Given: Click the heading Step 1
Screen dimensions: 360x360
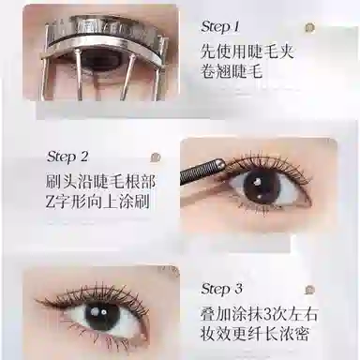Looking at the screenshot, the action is [x=220, y=26].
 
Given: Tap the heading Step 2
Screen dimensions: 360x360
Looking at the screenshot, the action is [x=67, y=157].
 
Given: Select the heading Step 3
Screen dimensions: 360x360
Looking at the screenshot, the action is [x=221, y=289].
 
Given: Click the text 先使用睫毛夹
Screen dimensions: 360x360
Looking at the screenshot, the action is [x=247, y=52].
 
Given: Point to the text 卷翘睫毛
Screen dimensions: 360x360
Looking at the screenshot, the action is [x=232, y=71].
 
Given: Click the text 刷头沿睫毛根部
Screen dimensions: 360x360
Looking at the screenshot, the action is [x=100, y=181].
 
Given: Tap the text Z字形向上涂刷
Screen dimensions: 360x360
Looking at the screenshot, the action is [x=97, y=202].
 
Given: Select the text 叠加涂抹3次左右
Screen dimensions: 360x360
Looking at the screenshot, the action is [x=259, y=313].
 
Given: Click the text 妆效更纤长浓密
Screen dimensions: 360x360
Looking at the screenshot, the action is [x=255, y=334].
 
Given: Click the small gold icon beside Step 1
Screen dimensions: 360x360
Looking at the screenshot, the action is [x=309, y=28].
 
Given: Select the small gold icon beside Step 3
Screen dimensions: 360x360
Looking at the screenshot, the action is [x=309, y=290].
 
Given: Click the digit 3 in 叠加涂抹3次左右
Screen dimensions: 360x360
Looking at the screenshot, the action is [x=267, y=314].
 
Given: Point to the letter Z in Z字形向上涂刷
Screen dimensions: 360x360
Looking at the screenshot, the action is [x=51, y=202].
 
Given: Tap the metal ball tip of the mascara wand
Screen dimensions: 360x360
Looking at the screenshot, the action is [x=221, y=163].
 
